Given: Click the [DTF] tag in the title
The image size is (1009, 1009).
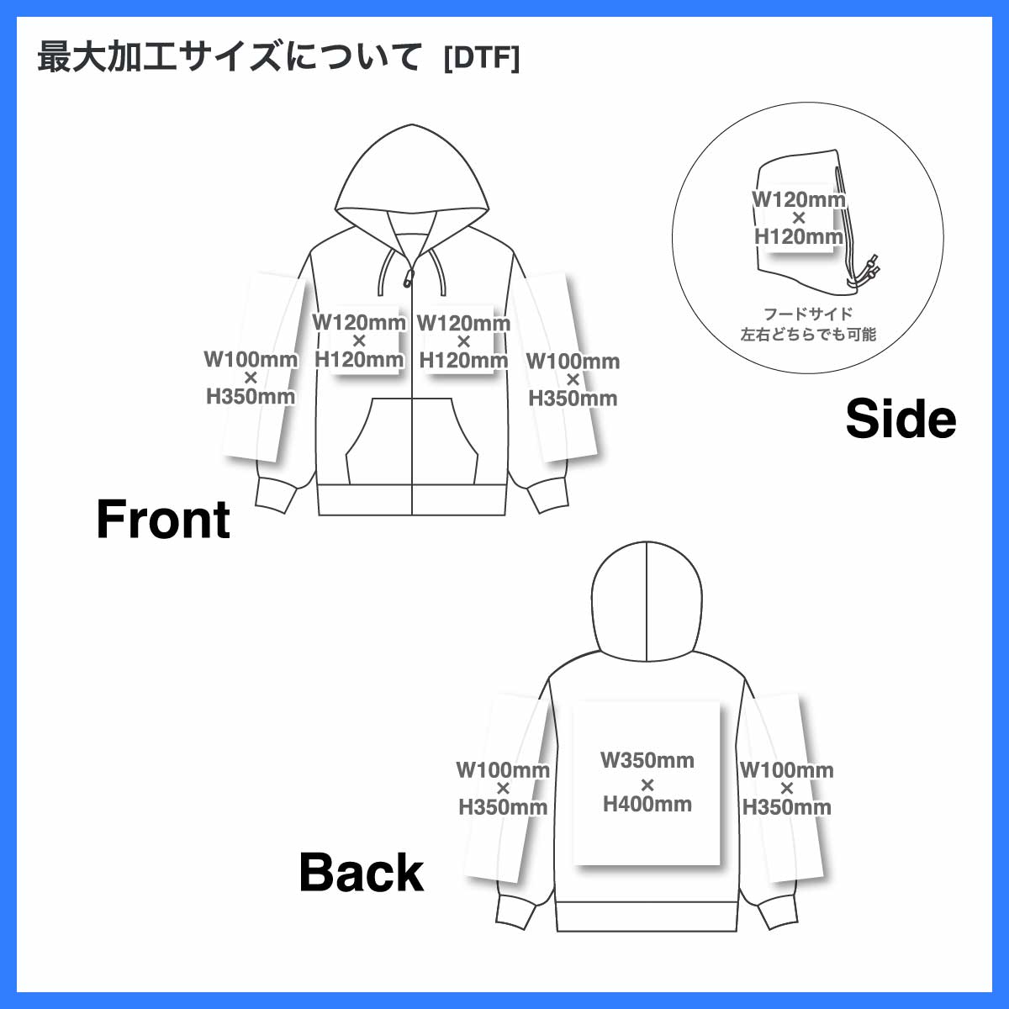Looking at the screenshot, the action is tap(481, 58).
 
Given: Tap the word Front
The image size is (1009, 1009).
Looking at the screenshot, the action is tap(163, 519).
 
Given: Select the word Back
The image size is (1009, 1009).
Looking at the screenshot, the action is tap(362, 872).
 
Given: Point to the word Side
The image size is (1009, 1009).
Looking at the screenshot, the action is tap(901, 419).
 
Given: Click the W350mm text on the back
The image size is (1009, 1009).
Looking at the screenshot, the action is tap(647, 760).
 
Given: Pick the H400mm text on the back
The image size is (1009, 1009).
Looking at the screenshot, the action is tap(647, 804).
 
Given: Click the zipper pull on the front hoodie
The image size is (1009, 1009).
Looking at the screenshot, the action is tap(409, 278).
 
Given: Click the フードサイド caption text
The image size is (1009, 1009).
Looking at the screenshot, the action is tap(808, 314).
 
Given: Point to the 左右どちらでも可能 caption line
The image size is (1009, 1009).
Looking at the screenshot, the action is tap(808, 334).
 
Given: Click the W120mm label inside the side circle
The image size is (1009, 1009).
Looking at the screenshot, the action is tap(799, 199).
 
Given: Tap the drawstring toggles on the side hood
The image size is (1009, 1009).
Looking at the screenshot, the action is tap(868, 270).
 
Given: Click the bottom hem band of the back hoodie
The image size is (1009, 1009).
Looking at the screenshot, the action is tap(647, 917).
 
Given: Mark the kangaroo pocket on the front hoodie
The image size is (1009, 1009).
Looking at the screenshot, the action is tap(411, 441).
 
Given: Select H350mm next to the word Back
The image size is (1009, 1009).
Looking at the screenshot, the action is tap(503, 807).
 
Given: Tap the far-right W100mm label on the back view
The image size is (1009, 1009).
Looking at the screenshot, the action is tap(786, 769).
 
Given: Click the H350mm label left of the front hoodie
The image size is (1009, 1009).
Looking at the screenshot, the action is tap(251, 396).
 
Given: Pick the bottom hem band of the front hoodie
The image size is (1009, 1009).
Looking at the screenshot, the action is tap(411, 500).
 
